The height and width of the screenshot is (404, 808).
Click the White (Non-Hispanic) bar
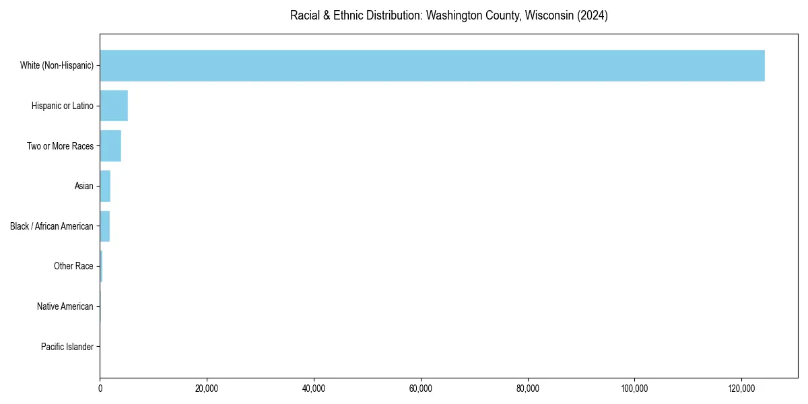coord(432,65)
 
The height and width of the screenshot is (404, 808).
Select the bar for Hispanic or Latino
coord(114,106)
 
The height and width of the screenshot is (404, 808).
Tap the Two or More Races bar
coord(110,146)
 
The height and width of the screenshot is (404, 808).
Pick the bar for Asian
coord(105,186)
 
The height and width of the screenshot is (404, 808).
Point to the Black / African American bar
coord(104,226)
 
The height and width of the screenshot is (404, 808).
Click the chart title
coord(448,15)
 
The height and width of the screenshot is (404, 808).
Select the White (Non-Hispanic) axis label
coord(57,65)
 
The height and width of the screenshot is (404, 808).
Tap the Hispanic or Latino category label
coord(63,106)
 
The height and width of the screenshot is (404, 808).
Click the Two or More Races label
coord(60,146)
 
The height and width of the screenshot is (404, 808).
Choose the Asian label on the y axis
coord(84,186)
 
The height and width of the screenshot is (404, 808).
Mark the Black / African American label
coord(52,226)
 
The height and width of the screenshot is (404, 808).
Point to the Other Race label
coord(73,266)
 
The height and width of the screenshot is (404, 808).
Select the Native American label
coord(65,306)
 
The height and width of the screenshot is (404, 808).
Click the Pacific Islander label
coord(67,347)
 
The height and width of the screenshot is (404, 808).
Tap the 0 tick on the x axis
coord(100,389)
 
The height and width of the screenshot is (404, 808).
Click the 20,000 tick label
coord(207,389)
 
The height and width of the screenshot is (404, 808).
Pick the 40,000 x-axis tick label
coord(314,389)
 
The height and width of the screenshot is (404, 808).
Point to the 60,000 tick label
coord(421,389)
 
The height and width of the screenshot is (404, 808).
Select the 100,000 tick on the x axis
coord(634,389)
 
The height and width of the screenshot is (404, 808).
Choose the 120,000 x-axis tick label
coord(741,389)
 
